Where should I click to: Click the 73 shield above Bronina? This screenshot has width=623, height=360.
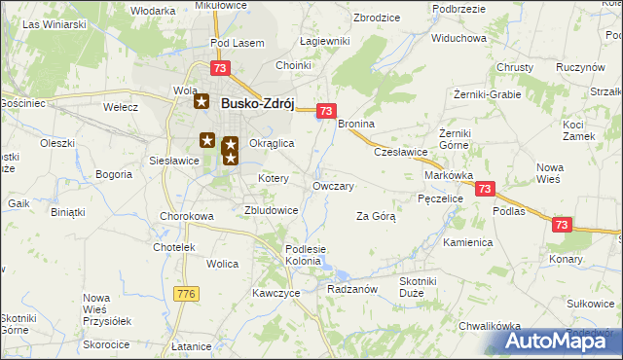tap(327, 111)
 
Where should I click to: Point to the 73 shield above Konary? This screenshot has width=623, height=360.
tap(561, 225)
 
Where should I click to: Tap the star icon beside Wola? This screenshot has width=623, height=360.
tap(202, 100)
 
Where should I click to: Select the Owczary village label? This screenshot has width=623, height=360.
tap(332, 185)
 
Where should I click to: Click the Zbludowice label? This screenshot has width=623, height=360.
tap(271, 209)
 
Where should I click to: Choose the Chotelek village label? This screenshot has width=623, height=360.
tap(174, 247)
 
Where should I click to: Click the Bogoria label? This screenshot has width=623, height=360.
tap(114, 175)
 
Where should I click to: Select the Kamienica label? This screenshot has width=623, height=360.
tap(468, 241)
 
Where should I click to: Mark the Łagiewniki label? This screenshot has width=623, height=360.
tap(325, 41)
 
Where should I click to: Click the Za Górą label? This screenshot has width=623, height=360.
tap(376, 216)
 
